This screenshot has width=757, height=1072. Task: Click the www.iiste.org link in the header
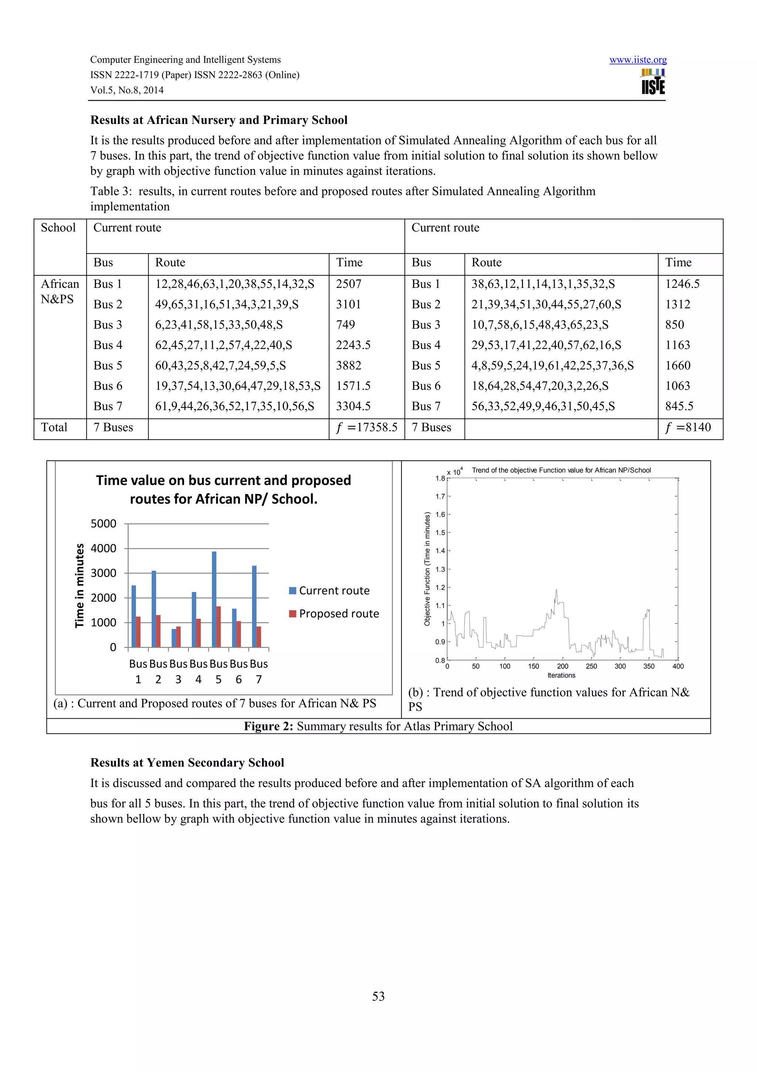(638, 60)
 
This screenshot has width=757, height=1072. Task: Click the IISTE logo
(653, 83)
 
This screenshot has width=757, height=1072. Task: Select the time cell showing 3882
(349, 366)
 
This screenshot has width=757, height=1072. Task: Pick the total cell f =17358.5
(367, 428)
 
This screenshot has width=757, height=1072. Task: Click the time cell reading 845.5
(679, 406)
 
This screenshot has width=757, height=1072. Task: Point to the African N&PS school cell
(60, 291)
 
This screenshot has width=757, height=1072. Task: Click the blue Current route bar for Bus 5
(214, 599)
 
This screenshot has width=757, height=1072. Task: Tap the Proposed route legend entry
(333, 614)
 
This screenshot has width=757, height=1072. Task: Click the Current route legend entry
(329, 591)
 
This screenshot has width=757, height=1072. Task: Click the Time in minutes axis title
(80, 585)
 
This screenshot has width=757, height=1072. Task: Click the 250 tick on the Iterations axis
(591, 666)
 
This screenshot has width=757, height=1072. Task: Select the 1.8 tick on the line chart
(440, 478)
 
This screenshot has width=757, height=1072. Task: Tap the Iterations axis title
(561, 676)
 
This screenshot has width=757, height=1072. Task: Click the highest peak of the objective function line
(556, 590)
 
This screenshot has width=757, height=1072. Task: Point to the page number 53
(378, 997)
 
